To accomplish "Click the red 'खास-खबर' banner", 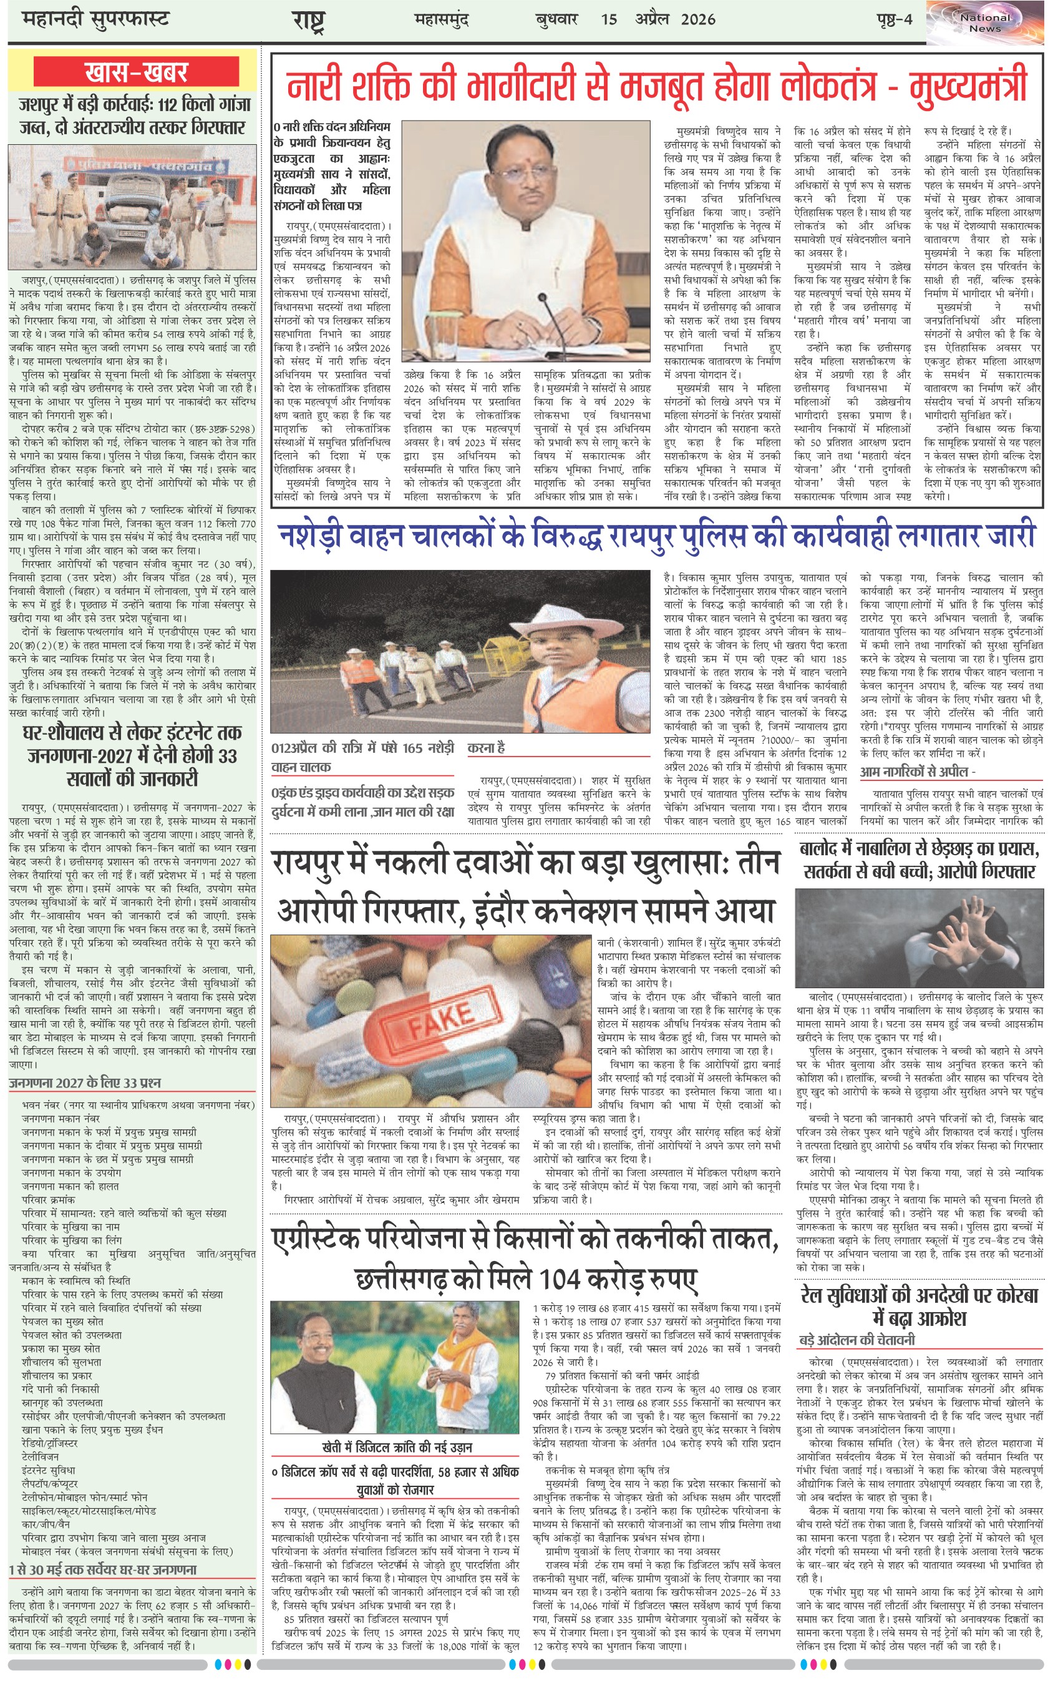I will point(137,72).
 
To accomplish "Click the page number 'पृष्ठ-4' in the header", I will point(893,19).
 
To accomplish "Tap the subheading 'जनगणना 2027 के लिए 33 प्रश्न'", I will point(85,1082).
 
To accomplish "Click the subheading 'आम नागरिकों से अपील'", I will point(917,771).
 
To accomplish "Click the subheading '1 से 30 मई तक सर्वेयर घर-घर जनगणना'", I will point(103,1569).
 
